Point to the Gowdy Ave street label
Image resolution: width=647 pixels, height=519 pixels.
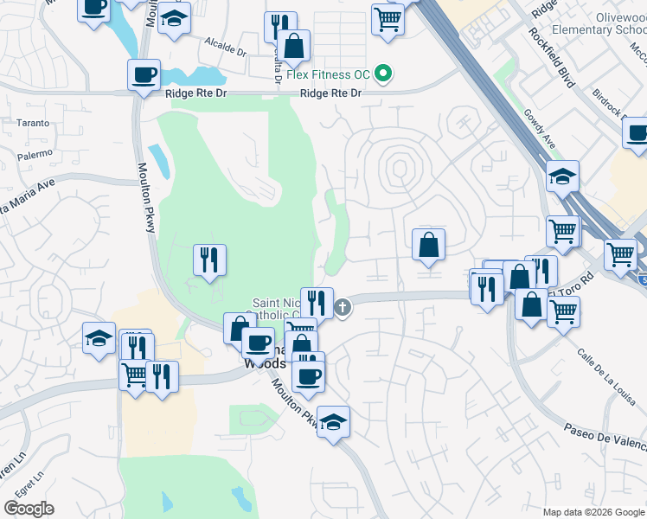point(537,129)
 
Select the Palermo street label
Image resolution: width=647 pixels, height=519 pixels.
point(35,157)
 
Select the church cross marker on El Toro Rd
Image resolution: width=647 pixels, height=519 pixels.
point(343,307)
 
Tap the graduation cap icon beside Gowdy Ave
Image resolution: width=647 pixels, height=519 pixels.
point(562,178)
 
